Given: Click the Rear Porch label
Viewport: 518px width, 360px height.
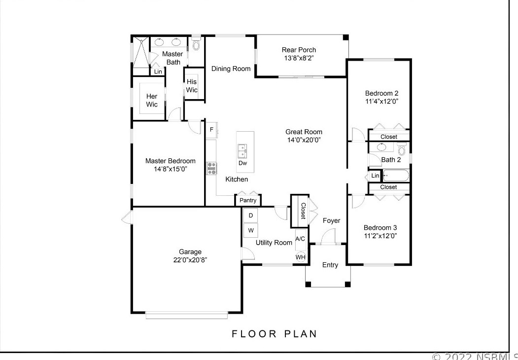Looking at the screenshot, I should point(299,50).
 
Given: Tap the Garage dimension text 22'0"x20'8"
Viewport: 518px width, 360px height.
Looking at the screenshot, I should point(190,260).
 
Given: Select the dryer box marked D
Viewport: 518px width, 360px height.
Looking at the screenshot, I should point(250,216).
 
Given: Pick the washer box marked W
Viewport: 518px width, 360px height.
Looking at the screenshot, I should point(250,230).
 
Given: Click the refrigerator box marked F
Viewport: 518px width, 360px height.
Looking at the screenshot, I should point(211,130).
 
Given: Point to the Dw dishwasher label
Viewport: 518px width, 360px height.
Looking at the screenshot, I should point(242,163).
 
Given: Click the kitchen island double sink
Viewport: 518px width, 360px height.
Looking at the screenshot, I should point(242,149).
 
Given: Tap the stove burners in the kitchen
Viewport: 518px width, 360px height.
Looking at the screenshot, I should point(212,168).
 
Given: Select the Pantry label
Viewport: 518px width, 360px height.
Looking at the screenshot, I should point(248,200).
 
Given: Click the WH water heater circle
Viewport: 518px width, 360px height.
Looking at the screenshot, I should point(300,257).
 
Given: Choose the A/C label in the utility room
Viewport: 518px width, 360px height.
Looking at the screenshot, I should point(300,239).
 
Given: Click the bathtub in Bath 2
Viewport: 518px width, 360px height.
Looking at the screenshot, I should point(396,175).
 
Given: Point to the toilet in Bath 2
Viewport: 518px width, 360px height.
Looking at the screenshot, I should point(402,149).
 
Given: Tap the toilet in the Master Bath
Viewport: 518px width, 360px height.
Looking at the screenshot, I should point(196,45).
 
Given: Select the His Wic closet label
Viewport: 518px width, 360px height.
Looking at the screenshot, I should point(192,86).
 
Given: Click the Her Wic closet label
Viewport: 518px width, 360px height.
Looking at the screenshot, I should point(152,100).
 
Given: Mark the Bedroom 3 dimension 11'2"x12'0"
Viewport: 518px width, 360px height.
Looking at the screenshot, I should point(380,236).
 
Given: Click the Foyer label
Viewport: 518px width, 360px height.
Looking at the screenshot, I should point(331,220).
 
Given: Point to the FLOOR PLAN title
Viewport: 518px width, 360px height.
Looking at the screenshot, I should point(275,334).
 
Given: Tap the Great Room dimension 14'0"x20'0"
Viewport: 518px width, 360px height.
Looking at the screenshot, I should point(304,140).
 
